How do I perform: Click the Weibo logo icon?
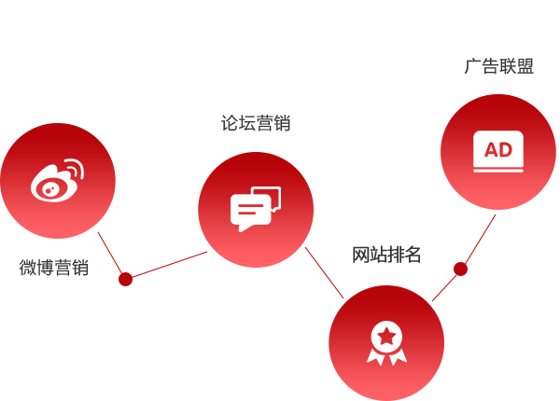(x=57, y=181)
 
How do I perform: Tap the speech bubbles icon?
(x=256, y=210)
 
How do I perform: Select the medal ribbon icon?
(x=386, y=343)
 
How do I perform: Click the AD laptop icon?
(x=498, y=152)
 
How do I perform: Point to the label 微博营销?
(x=54, y=268)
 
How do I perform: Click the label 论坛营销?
(x=256, y=123)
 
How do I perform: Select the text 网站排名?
(x=386, y=255)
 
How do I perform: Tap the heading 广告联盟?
(x=499, y=66)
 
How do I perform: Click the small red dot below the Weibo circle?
(x=125, y=280)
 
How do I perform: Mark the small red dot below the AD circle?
(x=460, y=269)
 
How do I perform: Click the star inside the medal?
(x=386, y=336)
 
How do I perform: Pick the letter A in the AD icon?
(x=491, y=150)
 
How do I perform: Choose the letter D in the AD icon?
(x=506, y=150)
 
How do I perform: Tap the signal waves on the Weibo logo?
(x=75, y=169)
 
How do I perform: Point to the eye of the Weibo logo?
(x=49, y=189)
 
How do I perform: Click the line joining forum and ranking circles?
(x=324, y=273)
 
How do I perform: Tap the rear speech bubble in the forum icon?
(x=268, y=199)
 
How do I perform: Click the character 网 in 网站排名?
(x=360, y=255)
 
